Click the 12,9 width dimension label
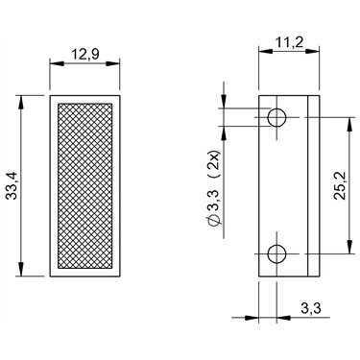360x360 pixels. [x=84, y=55]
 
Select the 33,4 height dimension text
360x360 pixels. [x=13, y=185]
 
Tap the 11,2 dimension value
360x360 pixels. [x=289, y=42]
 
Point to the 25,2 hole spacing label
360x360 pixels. [x=339, y=185]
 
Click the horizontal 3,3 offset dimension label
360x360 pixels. [x=311, y=308]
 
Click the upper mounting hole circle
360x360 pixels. [x=276, y=117]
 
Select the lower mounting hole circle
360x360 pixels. [x=276, y=254]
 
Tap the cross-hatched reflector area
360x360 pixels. [x=85, y=186]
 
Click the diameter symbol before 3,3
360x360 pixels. [x=214, y=221]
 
